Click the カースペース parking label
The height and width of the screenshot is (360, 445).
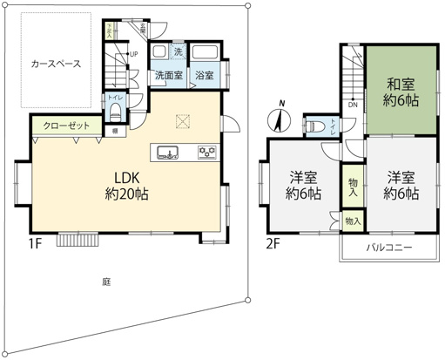56,65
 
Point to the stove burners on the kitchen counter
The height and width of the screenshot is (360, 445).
207,153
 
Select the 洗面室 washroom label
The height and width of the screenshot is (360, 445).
167,76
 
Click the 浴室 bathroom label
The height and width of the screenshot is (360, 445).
205,76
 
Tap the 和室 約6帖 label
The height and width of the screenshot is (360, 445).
401,92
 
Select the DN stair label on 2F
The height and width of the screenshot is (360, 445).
352,105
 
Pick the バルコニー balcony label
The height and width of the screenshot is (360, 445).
388,248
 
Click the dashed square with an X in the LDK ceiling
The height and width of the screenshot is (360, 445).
183,121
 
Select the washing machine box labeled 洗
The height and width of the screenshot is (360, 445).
178,51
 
